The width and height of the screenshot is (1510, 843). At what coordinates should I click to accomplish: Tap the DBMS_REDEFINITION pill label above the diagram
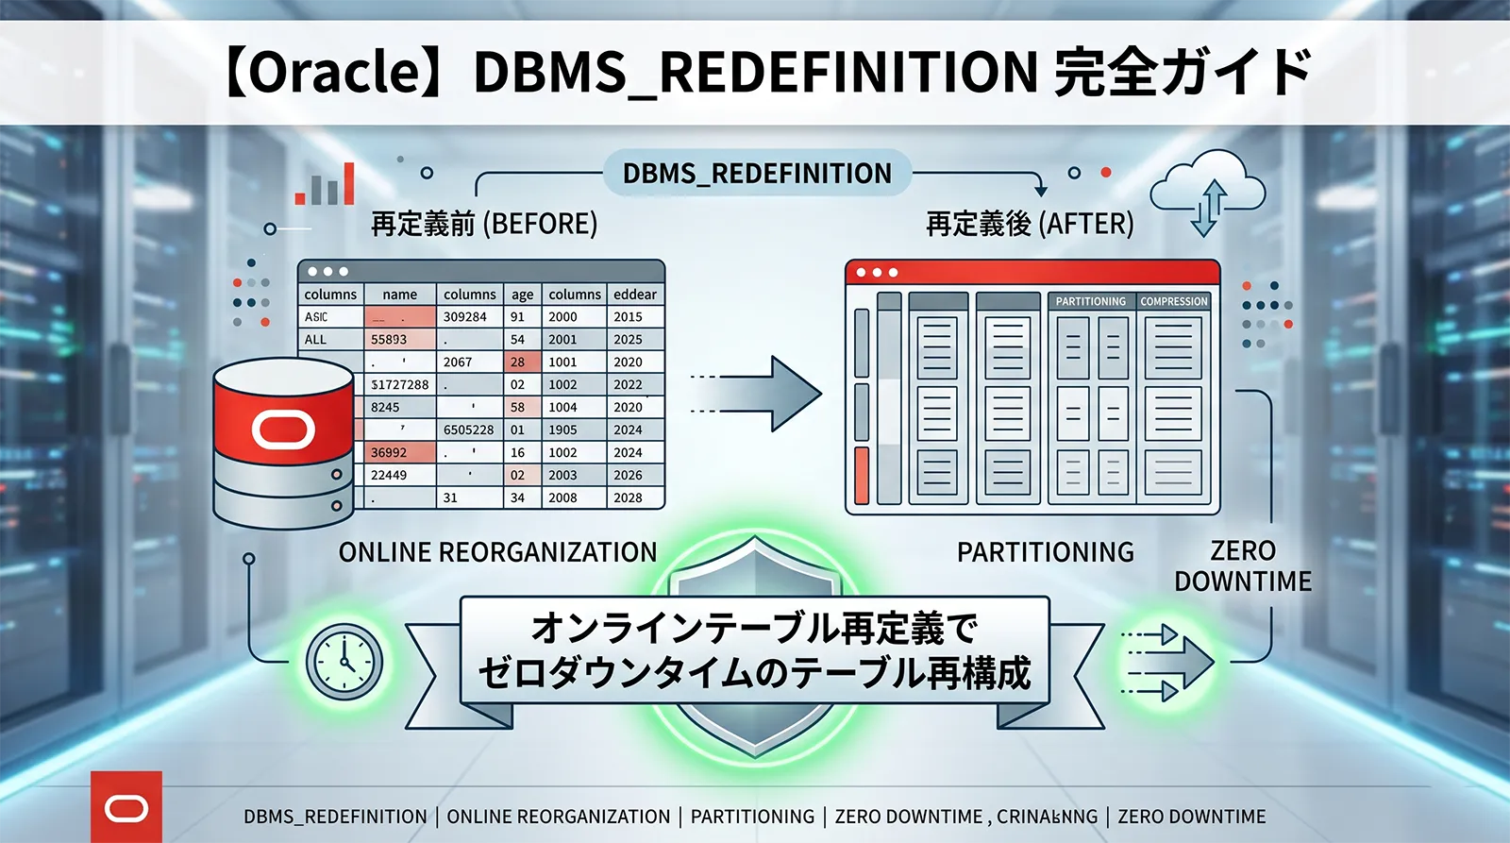(x=757, y=174)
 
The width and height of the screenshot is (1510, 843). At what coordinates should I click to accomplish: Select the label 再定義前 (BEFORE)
(x=484, y=224)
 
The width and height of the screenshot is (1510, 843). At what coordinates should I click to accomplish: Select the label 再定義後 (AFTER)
(x=1030, y=224)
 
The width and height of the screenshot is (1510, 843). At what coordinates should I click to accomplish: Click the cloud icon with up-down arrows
(x=1208, y=196)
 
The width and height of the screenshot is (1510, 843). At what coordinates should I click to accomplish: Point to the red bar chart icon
(x=325, y=185)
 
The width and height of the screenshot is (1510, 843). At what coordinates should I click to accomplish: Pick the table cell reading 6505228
(x=469, y=430)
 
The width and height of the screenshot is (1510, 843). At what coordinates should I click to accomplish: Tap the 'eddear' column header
(x=635, y=295)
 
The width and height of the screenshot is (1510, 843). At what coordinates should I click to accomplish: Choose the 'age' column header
(x=522, y=295)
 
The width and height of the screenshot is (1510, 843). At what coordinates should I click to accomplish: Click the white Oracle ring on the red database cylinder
(x=283, y=430)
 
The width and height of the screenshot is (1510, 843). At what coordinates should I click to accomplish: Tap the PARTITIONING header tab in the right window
(x=1090, y=301)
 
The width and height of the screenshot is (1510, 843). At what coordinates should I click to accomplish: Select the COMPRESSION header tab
(x=1173, y=301)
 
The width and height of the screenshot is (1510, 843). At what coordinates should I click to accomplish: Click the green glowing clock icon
(x=344, y=661)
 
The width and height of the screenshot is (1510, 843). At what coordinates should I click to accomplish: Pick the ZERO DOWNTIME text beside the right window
(x=1243, y=565)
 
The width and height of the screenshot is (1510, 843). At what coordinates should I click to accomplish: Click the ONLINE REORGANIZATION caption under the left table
(x=497, y=552)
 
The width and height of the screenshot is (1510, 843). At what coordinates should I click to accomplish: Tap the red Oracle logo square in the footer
(x=126, y=808)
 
